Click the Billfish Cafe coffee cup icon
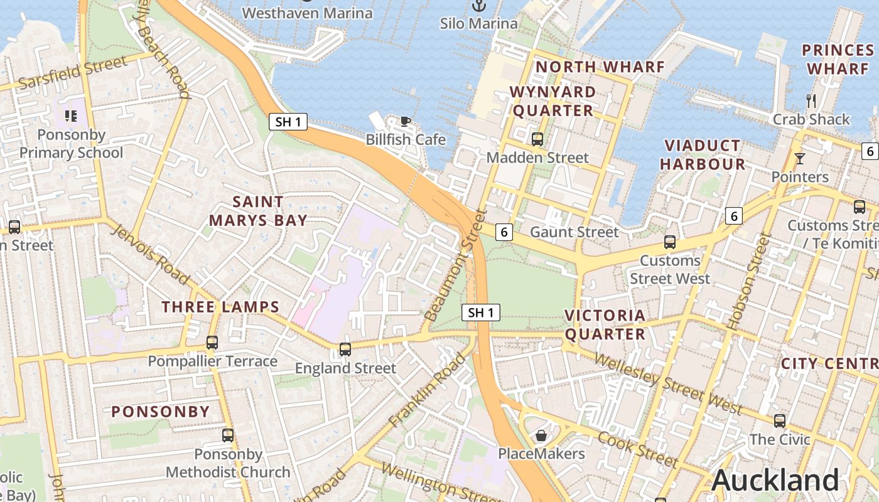pyautogui.click(x=406, y=121)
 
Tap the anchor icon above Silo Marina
pyautogui.click(x=479, y=6)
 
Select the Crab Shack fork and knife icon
pyautogui.click(x=811, y=100)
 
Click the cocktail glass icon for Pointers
pyautogui.click(x=799, y=158)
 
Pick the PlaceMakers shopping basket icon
pyautogui.click(x=541, y=435)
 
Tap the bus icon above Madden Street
pyautogui.click(x=537, y=139)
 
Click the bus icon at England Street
pyautogui.click(x=345, y=349)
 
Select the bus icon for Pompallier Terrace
pyautogui.click(x=212, y=342)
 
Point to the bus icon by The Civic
pyautogui.click(x=780, y=420)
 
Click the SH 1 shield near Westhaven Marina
pyautogui.click(x=288, y=122)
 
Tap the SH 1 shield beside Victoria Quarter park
pyautogui.click(x=481, y=312)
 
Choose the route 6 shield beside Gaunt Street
pyautogui.click(x=504, y=232)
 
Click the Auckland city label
pyautogui.click(x=775, y=481)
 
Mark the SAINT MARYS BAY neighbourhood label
pyautogui.click(x=258, y=211)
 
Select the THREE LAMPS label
pyautogui.click(x=220, y=307)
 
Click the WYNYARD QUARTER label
pyautogui.click(x=552, y=101)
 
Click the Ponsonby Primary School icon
pyautogui.click(x=70, y=116)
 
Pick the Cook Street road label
pyautogui.click(x=637, y=449)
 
